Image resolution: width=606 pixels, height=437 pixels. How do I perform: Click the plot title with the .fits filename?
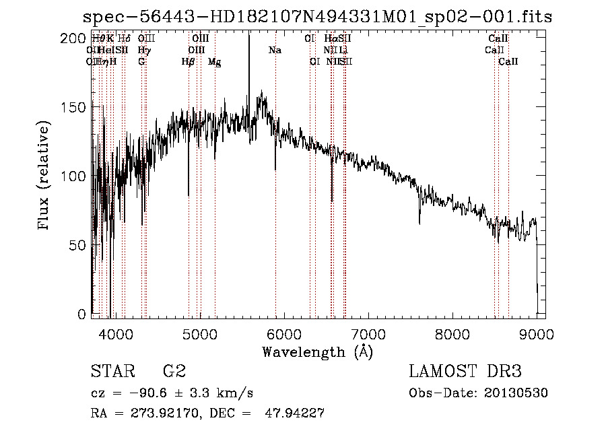click(317, 17)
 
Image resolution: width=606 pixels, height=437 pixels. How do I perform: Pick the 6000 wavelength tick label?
click(284, 333)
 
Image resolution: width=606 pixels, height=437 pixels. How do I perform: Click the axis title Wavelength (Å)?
click(316, 351)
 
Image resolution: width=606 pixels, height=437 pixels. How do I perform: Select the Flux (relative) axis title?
click(44, 176)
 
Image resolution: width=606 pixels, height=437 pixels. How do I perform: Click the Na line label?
click(275, 51)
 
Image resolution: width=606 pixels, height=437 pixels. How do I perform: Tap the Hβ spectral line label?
click(188, 62)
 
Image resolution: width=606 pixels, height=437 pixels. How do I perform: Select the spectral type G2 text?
click(174, 372)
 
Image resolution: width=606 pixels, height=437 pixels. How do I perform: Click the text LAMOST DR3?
click(465, 372)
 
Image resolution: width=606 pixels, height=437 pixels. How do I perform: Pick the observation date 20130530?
click(515, 393)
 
